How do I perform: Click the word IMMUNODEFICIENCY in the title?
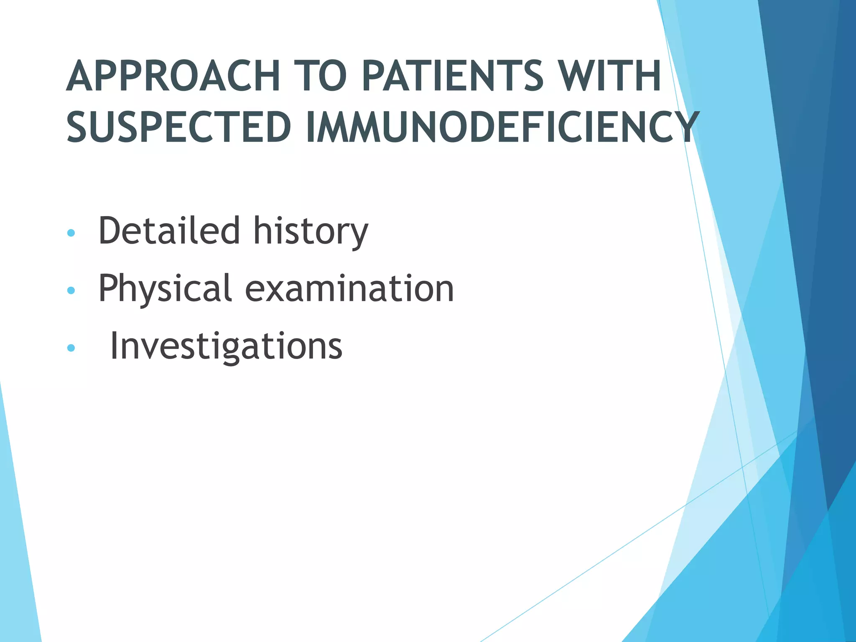click(502, 127)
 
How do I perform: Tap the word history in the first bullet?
click(311, 231)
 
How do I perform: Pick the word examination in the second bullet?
click(349, 288)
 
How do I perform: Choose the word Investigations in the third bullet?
click(226, 346)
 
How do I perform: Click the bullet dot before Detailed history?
click(71, 233)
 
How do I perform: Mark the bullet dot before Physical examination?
click(71, 290)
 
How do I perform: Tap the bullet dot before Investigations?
click(71, 348)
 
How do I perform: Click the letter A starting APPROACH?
click(80, 76)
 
